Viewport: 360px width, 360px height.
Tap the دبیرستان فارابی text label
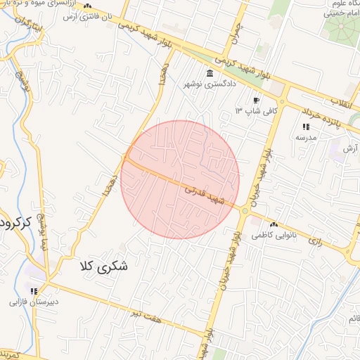(x=33, y=304)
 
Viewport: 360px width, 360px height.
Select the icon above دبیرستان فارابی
(x=33, y=291)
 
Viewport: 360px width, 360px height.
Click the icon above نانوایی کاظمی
(x=273, y=224)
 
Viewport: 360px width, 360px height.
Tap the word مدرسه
(x=306, y=138)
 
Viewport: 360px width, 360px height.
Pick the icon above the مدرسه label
(x=306, y=127)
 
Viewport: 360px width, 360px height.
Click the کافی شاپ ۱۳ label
(x=257, y=111)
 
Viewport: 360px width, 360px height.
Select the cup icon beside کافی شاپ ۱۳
(x=255, y=101)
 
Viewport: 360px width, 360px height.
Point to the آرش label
(x=349, y=149)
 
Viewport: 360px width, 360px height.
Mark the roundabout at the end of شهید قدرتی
(x=245, y=210)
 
